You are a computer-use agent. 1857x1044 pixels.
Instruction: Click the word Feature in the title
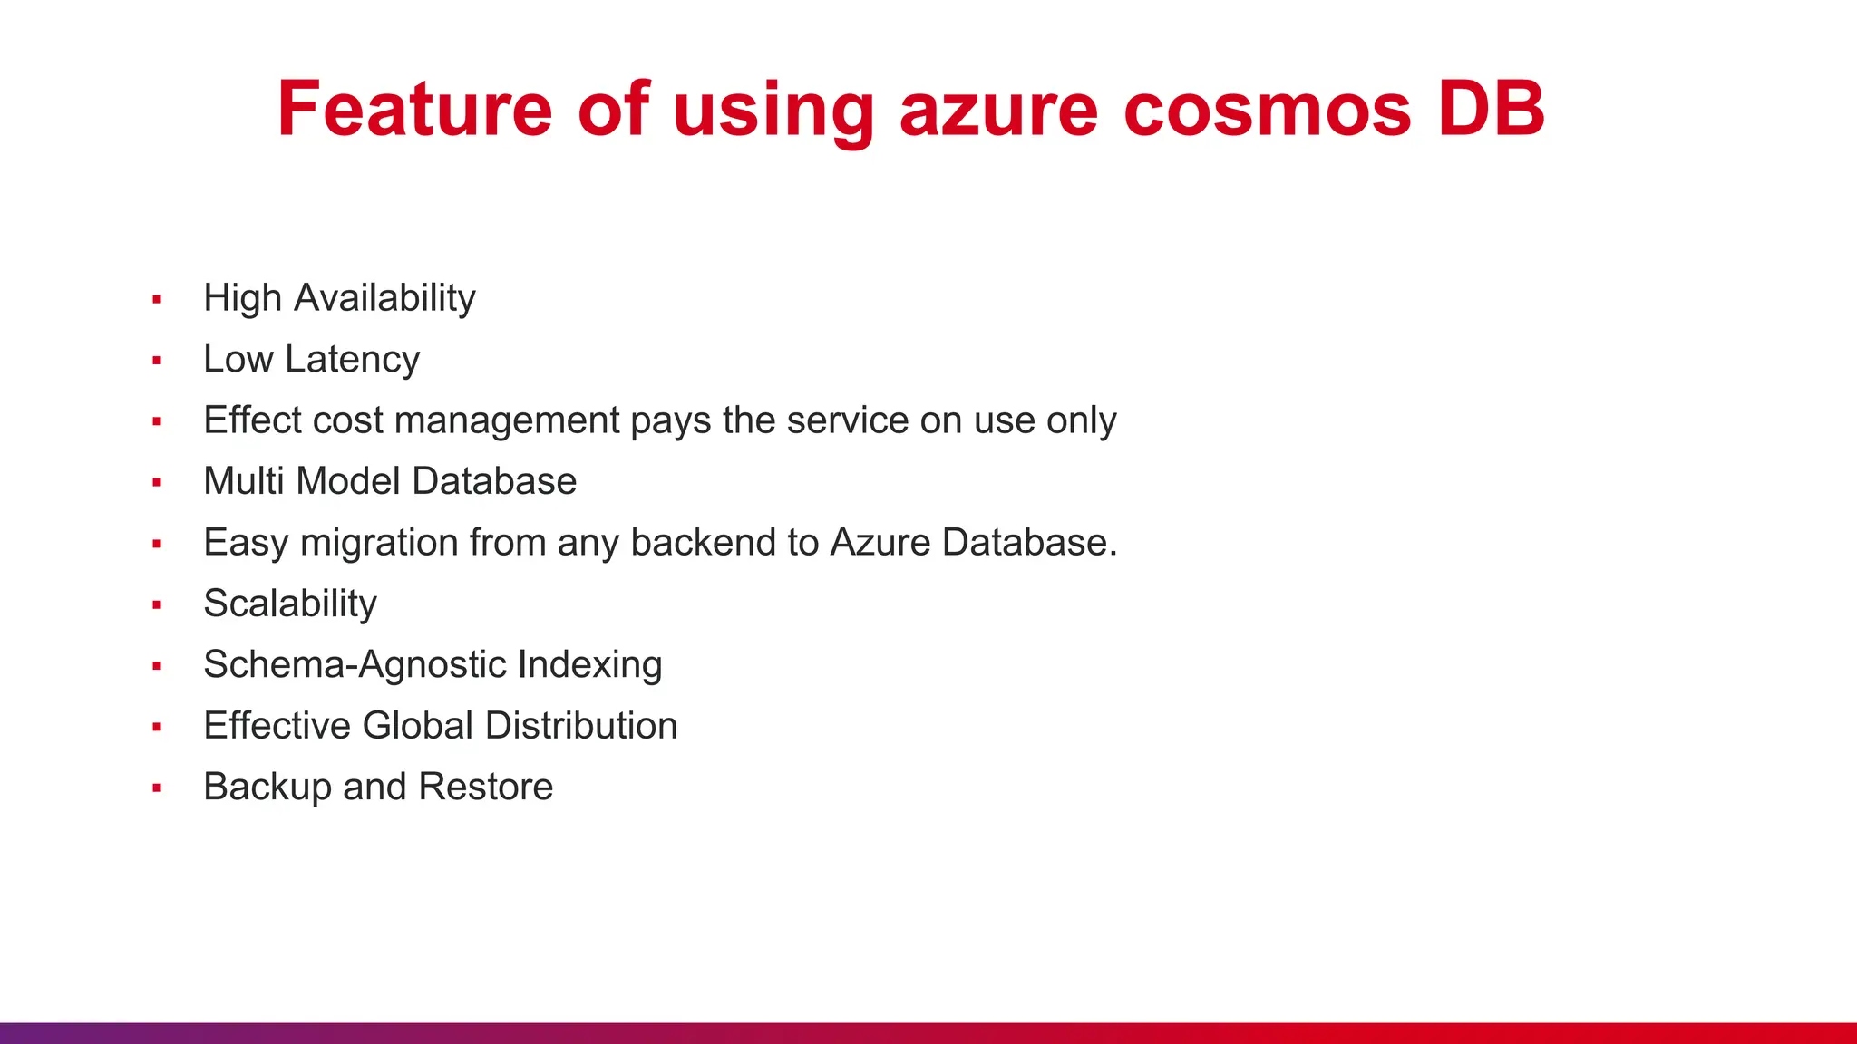414,110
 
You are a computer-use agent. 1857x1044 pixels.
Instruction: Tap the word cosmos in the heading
1267,110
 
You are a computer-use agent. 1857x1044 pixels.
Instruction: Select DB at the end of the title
1492,110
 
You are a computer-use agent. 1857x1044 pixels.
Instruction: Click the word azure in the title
998,110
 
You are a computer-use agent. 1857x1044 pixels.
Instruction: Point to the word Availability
384,298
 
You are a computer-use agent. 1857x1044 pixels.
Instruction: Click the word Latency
352,360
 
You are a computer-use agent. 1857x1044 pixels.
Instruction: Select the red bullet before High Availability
157,299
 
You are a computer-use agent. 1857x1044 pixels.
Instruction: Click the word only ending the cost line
1081,420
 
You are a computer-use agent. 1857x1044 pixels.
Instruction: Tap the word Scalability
290,604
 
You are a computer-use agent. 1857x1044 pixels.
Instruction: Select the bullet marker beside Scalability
157,604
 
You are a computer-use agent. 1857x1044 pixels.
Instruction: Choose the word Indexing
590,665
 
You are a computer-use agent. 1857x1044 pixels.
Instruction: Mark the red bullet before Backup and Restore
157,788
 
